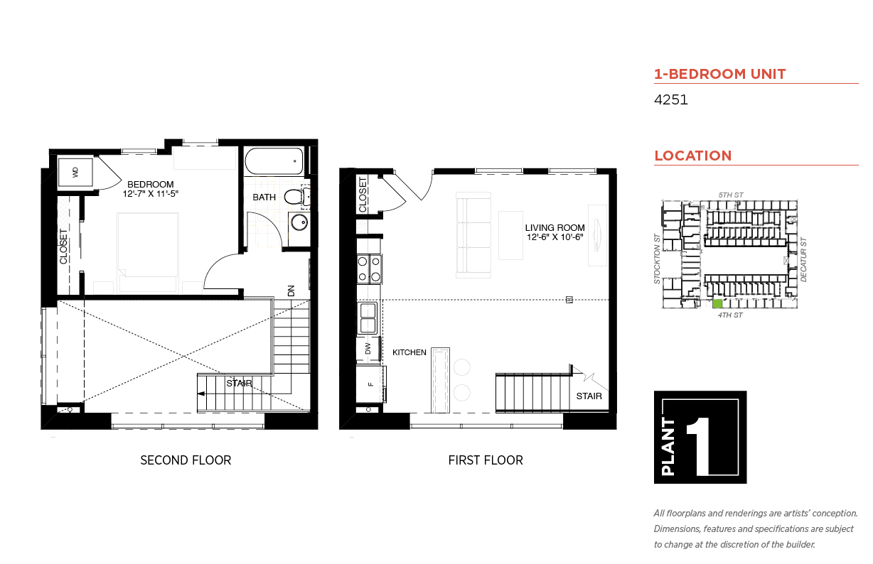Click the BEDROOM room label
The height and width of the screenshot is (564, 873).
tap(151, 184)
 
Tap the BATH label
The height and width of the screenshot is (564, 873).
tap(264, 197)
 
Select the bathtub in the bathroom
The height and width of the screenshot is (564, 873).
tap(274, 161)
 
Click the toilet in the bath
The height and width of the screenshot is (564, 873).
tap(296, 197)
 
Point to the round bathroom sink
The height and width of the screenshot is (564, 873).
tap(299, 222)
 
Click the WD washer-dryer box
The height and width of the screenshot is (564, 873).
tap(75, 172)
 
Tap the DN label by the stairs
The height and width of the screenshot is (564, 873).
tap(291, 291)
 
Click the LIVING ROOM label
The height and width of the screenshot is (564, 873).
tap(555, 227)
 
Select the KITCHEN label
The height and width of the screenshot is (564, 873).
tap(409, 352)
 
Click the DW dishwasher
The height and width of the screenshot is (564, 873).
tap(368, 349)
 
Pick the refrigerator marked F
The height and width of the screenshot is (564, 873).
tap(371, 384)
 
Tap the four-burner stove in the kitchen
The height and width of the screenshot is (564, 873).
tap(369, 269)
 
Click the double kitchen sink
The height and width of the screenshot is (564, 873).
tap(368, 318)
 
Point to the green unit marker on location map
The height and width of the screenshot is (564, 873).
tap(717, 303)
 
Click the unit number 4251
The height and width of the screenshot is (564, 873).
tap(670, 99)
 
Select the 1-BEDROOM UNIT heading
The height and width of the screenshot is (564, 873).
tap(720, 74)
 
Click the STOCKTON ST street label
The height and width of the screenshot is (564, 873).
tap(657, 259)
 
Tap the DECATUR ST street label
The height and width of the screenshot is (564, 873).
tap(803, 260)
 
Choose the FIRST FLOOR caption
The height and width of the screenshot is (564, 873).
tap(486, 460)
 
